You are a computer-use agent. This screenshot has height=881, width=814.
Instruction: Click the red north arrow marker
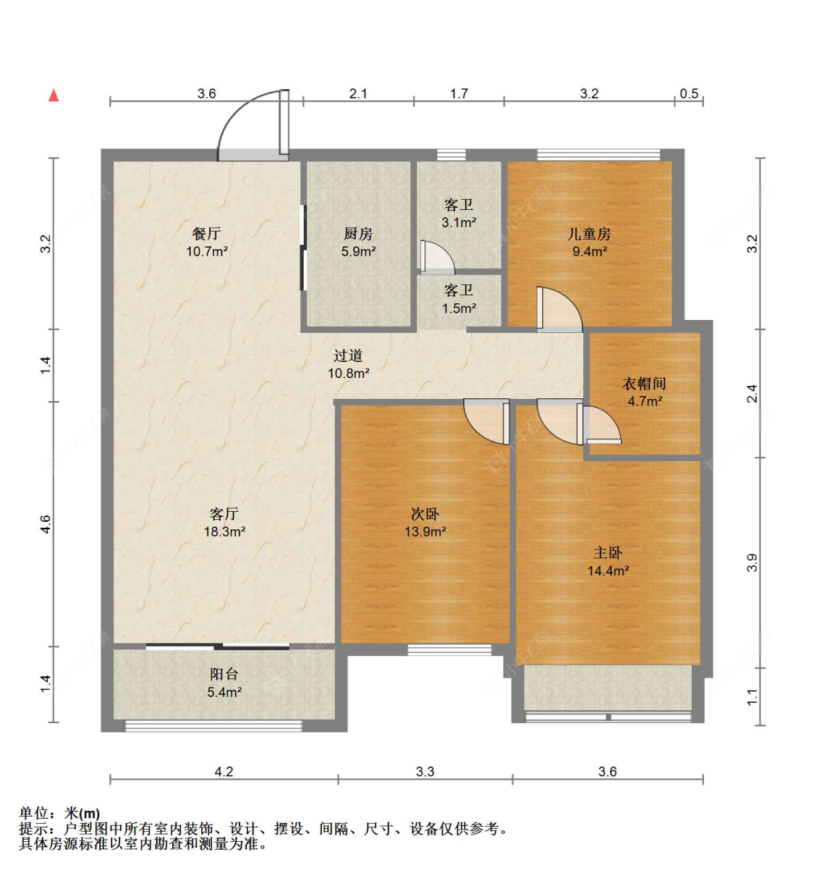[x=54, y=95]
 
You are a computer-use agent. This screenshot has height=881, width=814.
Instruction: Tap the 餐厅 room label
[x=206, y=234]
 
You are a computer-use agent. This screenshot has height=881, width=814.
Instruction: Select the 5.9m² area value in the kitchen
[x=358, y=252]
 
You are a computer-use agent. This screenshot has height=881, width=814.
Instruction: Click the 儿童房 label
[x=589, y=234]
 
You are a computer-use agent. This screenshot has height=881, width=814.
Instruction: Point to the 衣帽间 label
[x=644, y=384]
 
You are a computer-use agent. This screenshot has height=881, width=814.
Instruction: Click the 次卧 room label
[x=425, y=514]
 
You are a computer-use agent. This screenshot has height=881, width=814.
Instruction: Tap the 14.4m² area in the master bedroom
[x=608, y=570]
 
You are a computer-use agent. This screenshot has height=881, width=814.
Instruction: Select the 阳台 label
[x=224, y=674]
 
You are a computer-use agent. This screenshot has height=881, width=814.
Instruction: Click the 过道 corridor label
[x=348, y=355]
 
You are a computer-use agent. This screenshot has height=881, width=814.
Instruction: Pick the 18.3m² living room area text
[x=224, y=531]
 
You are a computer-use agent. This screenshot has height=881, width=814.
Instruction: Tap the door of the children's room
[x=559, y=310]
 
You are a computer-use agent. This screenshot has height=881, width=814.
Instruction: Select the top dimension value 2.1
[x=358, y=93]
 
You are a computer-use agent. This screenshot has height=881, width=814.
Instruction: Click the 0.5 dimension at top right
[x=689, y=93]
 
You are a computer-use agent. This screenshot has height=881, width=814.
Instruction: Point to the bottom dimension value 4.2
[x=224, y=772]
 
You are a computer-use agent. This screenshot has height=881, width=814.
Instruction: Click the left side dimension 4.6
[x=46, y=524]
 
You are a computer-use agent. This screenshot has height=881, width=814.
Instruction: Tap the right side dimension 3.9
[x=752, y=562]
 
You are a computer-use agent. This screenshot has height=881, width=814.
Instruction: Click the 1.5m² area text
[x=459, y=308]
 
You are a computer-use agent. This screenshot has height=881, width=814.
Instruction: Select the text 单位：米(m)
[x=59, y=814]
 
